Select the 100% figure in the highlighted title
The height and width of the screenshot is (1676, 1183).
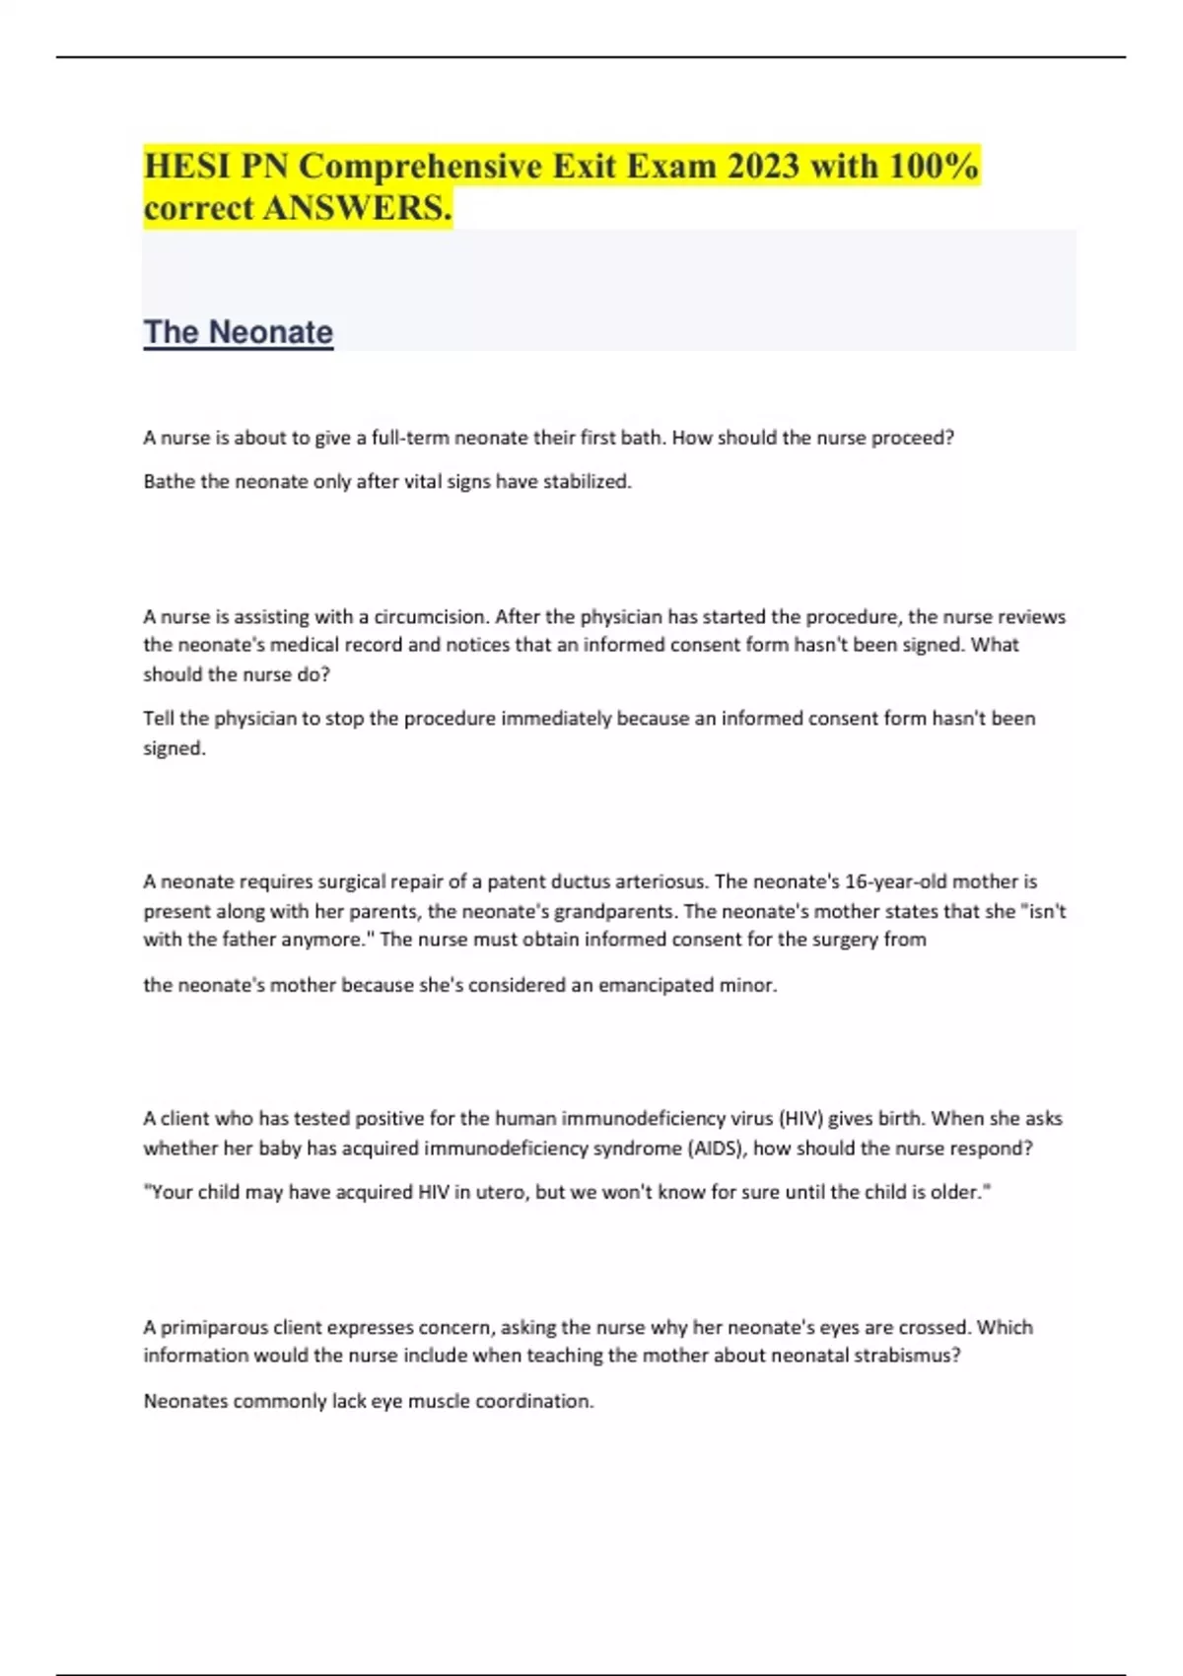pos(933,166)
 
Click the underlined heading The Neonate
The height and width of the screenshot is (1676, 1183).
pos(239,332)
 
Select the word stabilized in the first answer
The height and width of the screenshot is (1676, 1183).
pos(587,482)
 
